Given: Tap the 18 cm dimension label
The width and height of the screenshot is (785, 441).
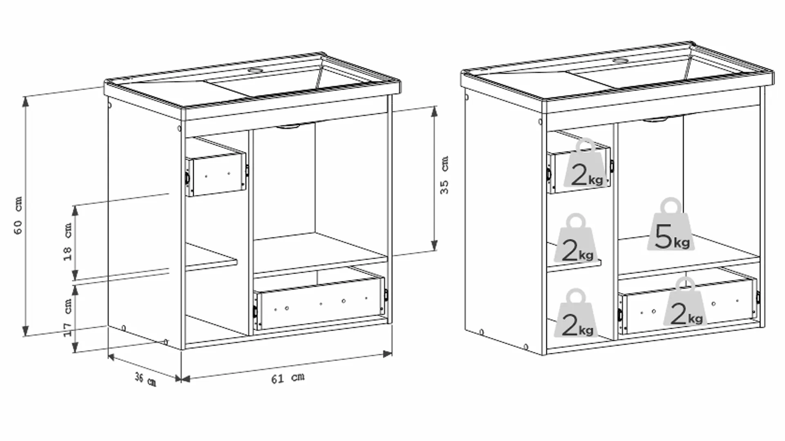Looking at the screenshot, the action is (67, 242).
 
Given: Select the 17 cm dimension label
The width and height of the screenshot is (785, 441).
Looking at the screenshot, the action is (67, 318).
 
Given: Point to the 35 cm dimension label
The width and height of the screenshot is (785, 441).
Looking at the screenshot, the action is (444, 175).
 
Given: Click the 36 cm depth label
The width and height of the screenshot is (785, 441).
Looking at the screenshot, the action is (146, 380).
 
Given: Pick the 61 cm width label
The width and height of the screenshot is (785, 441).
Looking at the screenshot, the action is (288, 378).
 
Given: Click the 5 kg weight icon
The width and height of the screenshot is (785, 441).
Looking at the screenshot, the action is (671, 224).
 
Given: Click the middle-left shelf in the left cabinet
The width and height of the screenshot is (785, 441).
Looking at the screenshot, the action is (211, 256).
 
